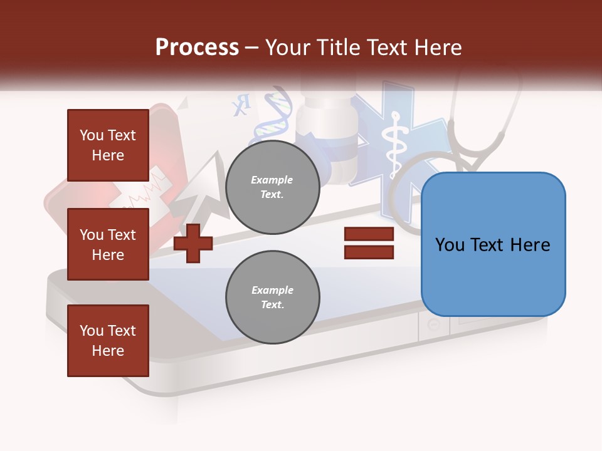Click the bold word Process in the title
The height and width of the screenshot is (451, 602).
pyautogui.click(x=197, y=48)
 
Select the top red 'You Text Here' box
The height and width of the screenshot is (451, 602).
pyautogui.click(x=108, y=145)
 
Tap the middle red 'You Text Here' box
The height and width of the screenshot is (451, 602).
pyautogui.click(x=108, y=244)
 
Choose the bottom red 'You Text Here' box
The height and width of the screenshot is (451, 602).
pyautogui.click(x=108, y=341)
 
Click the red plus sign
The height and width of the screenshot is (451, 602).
pyautogui.click(x=193, y=242)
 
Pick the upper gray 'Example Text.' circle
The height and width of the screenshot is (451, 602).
pyautogui.click(x=272, y=187)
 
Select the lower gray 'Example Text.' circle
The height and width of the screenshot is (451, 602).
pyautogui.click(x=272, y=297)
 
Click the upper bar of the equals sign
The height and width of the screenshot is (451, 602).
pyautogui.click(x=369, y=234)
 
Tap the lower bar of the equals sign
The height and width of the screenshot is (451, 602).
pyautogui.click(x=369, y=252)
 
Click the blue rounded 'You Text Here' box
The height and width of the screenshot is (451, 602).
pyautogui.click(x=493, y=244)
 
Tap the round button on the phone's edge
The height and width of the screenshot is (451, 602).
pyautogui.click(x=433, y=324)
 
